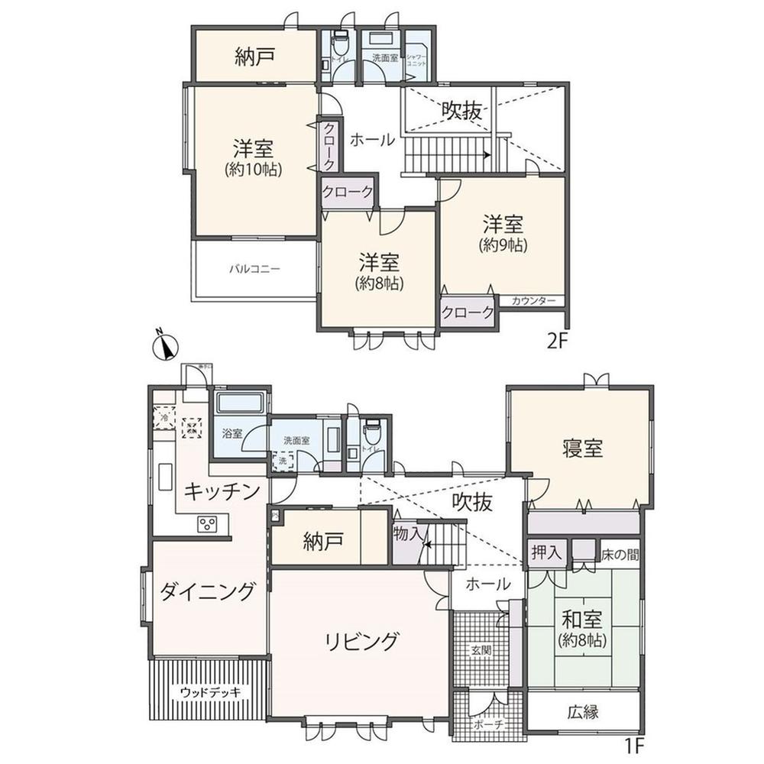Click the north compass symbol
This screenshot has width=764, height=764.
coord(166,348)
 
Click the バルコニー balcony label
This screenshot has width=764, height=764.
coord(255,269)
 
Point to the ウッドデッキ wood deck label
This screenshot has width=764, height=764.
coord(211,692)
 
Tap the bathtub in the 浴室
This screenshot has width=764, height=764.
coord(240,403)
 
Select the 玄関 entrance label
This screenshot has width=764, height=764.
coord(481,650)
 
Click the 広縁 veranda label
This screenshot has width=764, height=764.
coord(582,713)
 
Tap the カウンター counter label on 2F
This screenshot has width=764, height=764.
coord(534,301)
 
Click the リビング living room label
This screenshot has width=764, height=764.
coord(358,640)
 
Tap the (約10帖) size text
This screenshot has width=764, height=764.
coord(254,170)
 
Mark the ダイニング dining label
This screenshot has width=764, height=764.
coord(208,591)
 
